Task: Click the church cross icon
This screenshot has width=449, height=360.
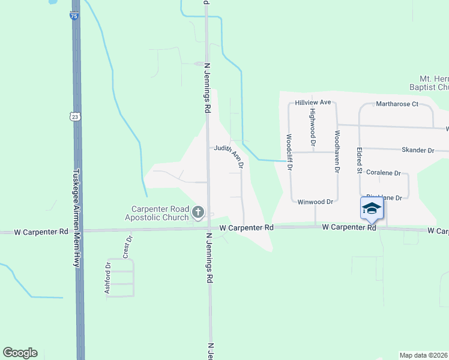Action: [x=198, y=212]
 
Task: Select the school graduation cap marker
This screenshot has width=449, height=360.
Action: [x=372, y=208]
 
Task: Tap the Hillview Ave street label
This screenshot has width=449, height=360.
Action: [x=313, y=103]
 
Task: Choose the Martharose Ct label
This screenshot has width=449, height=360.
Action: [x=397, y=104]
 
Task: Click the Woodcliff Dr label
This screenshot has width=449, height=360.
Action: [x=289, y=152]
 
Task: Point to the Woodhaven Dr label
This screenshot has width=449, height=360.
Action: [x=337, y=152]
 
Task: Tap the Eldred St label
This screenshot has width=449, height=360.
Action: [x=359, y=161]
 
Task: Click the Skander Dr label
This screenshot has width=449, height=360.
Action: [x=418, y=150]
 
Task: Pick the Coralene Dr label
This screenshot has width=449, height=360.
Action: [x=383, y=173]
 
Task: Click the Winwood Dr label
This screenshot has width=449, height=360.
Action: [x=315, y=202]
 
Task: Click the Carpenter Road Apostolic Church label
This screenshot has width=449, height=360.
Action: [x=160, y=213]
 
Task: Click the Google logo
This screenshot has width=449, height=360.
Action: [x=20, y=353]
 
